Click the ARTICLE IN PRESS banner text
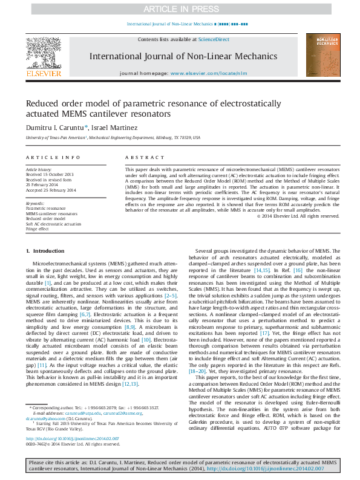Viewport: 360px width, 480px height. (x=180, y=9)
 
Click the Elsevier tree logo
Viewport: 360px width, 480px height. (x=44, y=55)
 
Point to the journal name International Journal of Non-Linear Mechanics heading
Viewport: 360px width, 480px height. (x=180, y=56)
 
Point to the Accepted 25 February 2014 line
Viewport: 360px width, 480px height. (x=51, y=190)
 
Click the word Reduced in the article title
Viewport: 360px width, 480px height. (x=41, y=103)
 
